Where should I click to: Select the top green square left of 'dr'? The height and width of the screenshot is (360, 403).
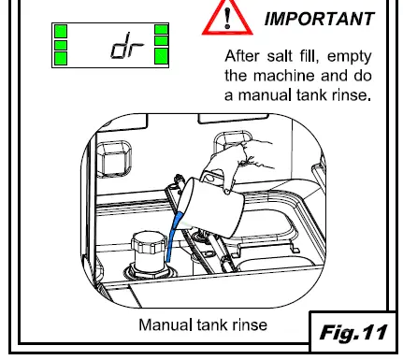62,31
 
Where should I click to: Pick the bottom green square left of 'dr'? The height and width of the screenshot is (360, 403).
62,60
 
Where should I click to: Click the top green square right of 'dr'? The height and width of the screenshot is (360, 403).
160,31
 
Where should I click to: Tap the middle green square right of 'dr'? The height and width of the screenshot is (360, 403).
160,45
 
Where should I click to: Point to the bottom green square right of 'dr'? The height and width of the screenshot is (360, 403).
160,60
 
